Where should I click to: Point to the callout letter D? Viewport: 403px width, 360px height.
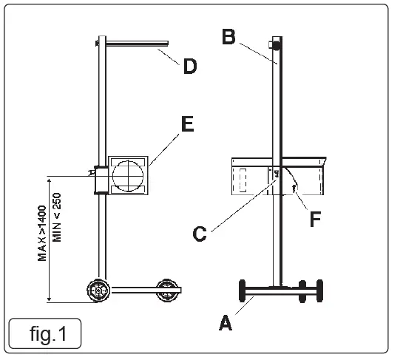pyautogui.click(x=190, y=67)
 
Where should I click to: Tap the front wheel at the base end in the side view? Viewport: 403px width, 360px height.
pyautogui.click(x=168, y=290)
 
